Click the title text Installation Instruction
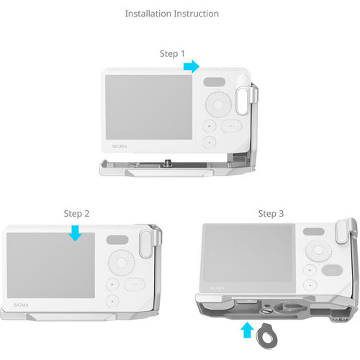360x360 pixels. coord(171,14)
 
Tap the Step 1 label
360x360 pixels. coord(172,53)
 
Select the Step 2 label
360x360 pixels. coord(77,213)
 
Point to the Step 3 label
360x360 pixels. coord(271,213)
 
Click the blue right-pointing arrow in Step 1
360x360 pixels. coord(192,66)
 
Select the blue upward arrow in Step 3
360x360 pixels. coord(248,330)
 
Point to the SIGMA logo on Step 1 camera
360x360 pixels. coord(120,146)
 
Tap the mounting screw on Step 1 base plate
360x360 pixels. coord(167,163)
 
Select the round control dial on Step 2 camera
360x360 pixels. coord(122,261)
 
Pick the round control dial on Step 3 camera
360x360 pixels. coord(318,251)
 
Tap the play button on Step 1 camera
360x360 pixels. coord(209,125)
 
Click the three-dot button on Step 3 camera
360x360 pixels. coord(330,271)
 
